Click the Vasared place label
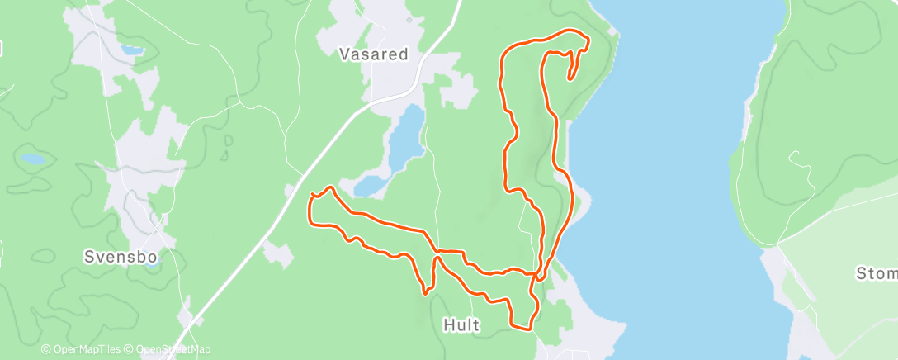[374, 54]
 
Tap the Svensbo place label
[121, 256]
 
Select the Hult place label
[461, 325]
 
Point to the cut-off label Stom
[876, 273]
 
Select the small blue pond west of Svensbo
[33, 158]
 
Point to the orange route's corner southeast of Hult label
[528, 328]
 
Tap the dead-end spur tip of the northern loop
[570, 79]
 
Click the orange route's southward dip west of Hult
[424, 290]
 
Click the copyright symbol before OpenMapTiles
[45, 350]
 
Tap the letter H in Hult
[449, 325]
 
